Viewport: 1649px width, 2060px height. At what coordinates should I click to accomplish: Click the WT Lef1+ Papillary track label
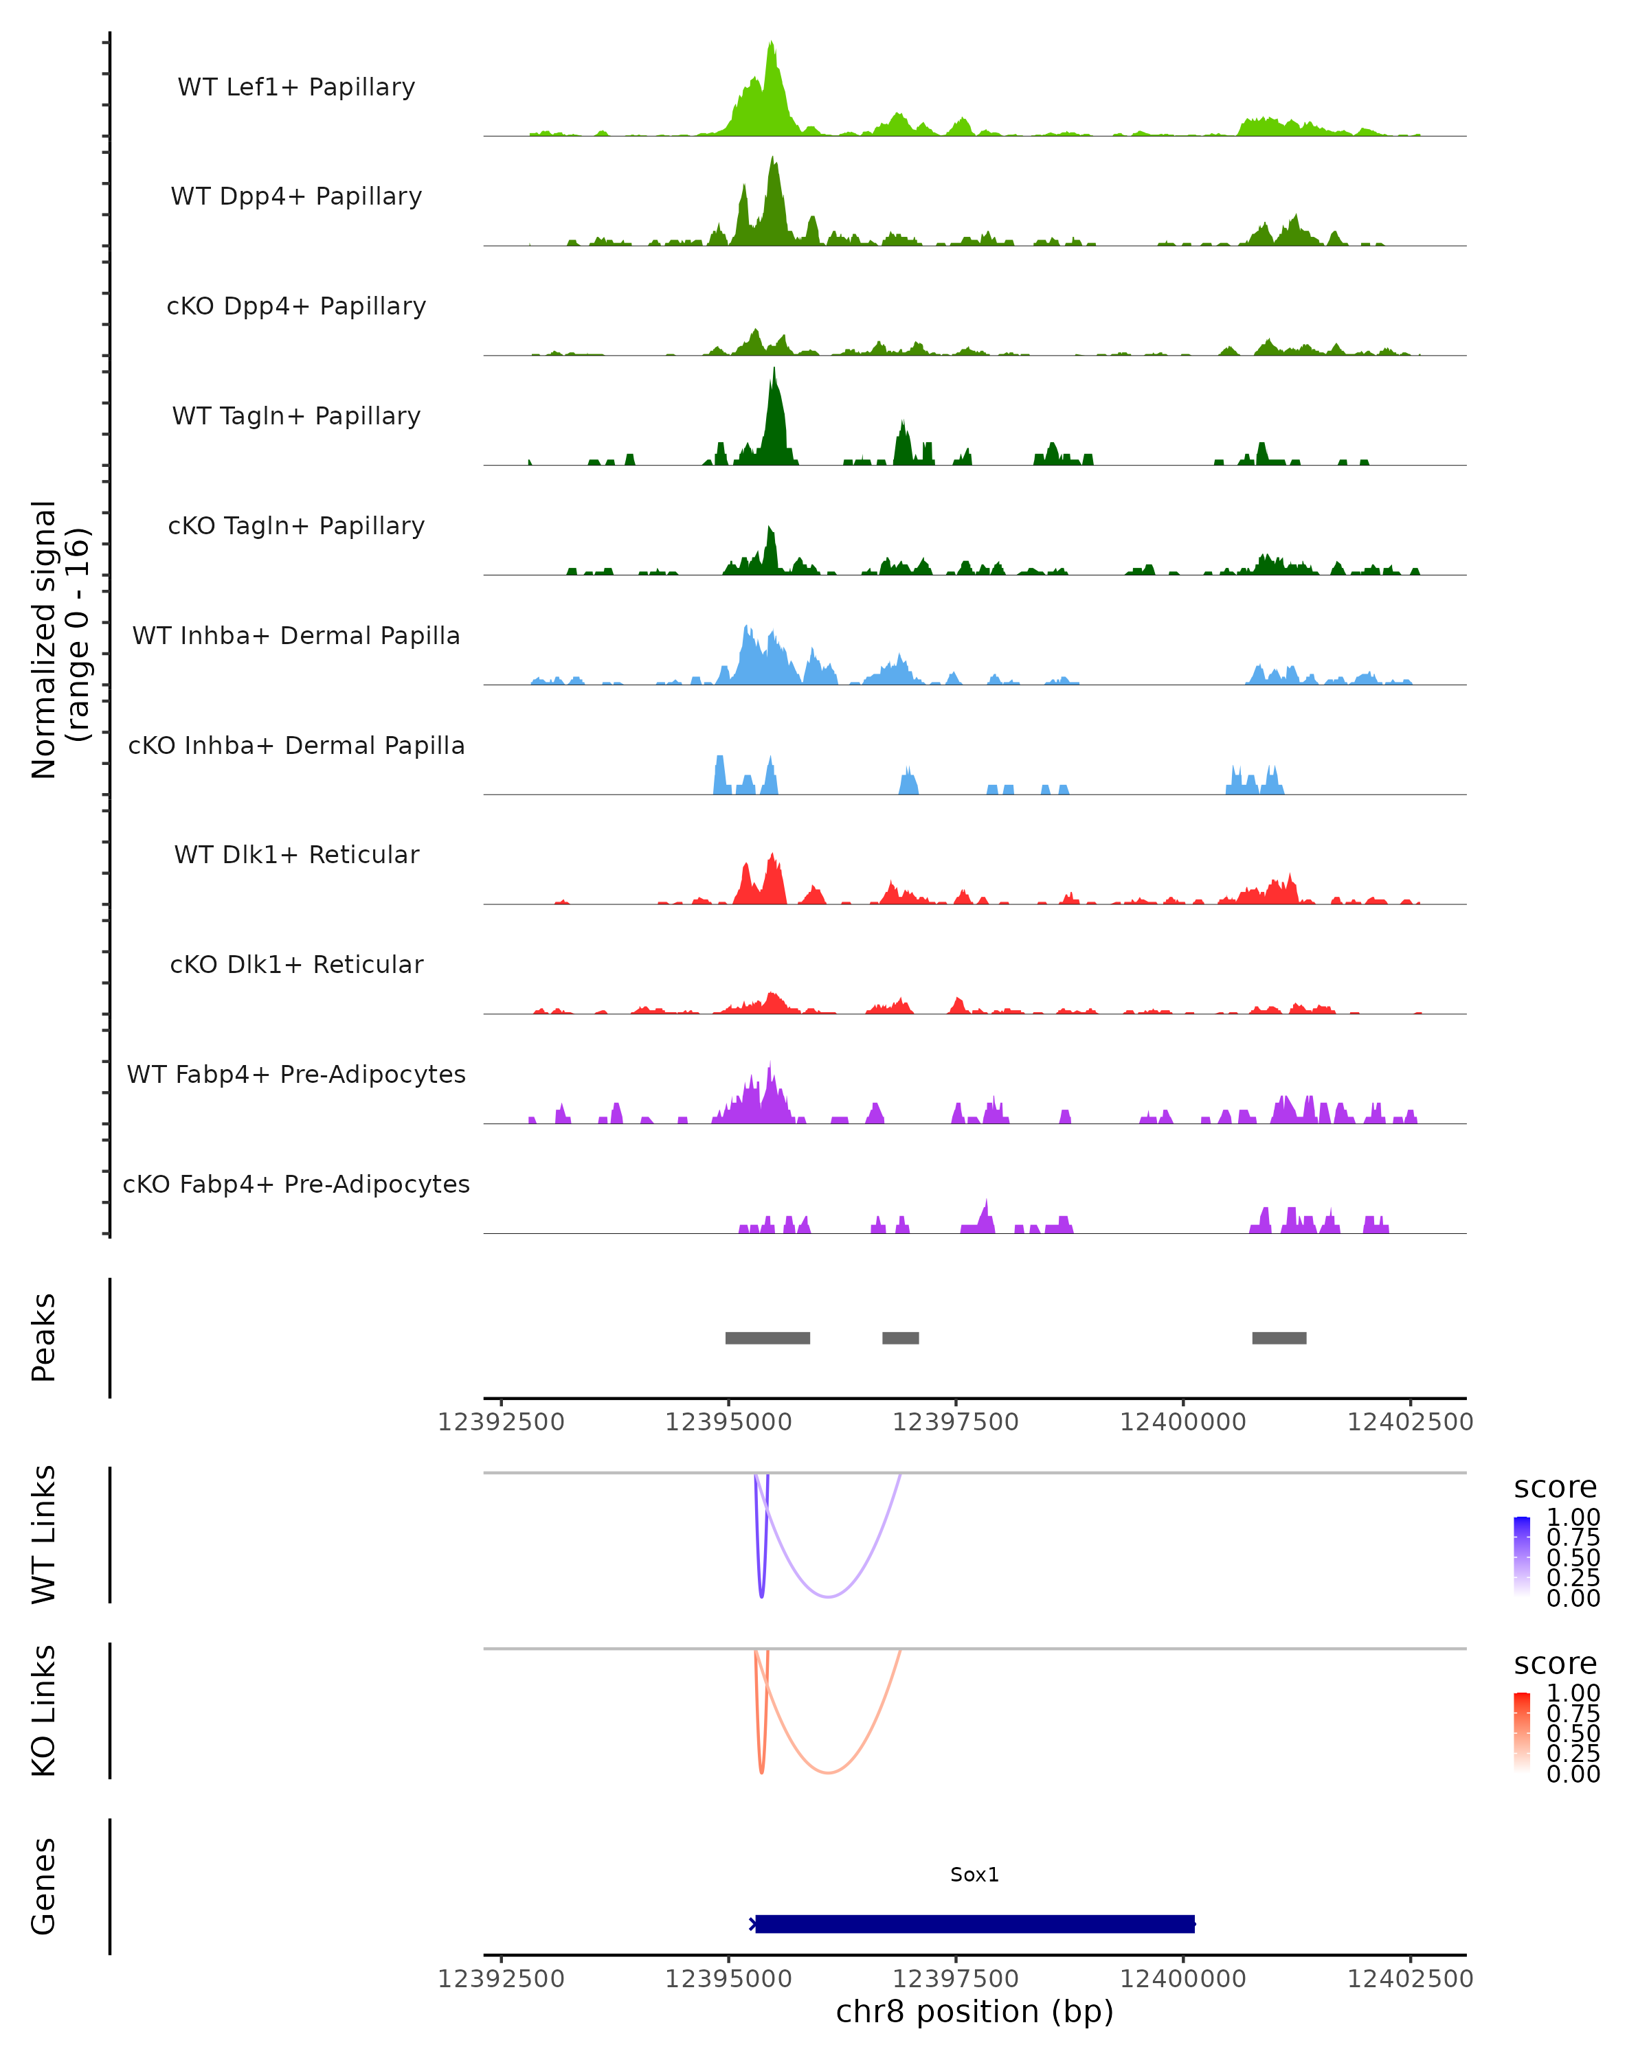(x=296, y=87)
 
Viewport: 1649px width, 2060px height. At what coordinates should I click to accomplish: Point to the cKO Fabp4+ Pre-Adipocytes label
(x=296, y=1184)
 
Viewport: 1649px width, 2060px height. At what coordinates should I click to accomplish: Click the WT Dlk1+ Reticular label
(x=296, y=854)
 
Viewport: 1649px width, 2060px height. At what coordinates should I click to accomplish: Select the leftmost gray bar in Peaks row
(x=767, y=1338)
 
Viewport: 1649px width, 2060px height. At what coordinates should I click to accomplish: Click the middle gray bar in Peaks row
(x=901, y=1338)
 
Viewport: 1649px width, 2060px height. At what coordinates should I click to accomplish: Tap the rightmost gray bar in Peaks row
(x=1279, y=1338)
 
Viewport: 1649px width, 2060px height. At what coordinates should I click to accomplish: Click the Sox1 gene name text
(x=974, y=1874)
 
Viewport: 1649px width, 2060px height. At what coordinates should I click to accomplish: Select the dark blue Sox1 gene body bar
(x=975, y=1923)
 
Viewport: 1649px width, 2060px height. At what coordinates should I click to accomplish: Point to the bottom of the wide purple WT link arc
(x=828, y=1596)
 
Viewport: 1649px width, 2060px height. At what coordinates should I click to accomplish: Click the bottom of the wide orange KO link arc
(x=828, y=1772)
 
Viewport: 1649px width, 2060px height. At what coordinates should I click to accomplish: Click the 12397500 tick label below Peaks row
(x=956, y=1422)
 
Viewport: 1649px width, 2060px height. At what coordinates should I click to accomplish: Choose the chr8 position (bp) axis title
(x=974, y=2011)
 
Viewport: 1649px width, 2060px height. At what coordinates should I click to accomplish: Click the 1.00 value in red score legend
(x=1573, y=1693)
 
